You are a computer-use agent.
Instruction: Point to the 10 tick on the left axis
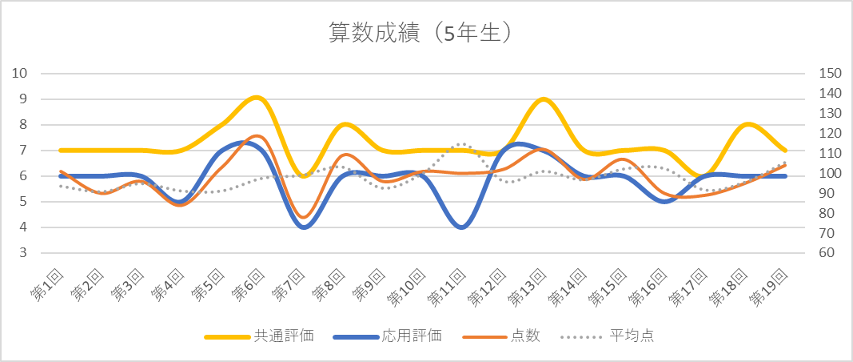click(x=21, y=74)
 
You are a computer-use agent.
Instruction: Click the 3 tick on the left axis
click(x=24, y=253)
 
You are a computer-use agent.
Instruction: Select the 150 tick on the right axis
click(x=831, y=74)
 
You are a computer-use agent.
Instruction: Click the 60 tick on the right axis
click(x=827, y=253)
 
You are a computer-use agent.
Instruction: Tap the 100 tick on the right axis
click(x=831, y=174)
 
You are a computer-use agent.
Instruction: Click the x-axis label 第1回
click(x=48, y=284)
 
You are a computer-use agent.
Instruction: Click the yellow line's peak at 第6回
click(x=257, y=98)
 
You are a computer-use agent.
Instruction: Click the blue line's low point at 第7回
click(x=305, y=227)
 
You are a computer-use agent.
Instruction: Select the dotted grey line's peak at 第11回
click(x=460, y=144)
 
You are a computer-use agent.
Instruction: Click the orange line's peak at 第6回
click(x=257, y=136)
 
